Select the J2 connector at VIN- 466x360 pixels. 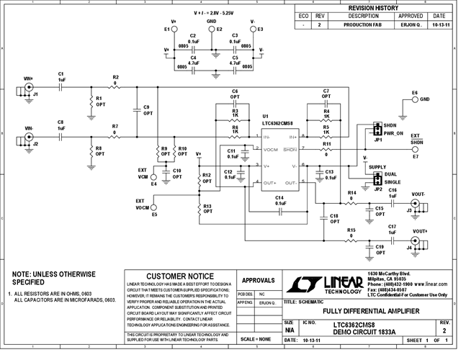point(30,137)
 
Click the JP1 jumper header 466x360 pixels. point(375,130)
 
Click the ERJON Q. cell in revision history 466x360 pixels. point(411,24)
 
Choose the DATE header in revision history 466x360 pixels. point(439,15)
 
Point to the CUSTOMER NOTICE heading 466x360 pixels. point(180,276)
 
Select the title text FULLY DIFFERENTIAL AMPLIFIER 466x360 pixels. point(363,310)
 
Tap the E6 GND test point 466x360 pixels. point(414,99)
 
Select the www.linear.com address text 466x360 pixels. point(429,284)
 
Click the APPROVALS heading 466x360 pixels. point(256,281)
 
